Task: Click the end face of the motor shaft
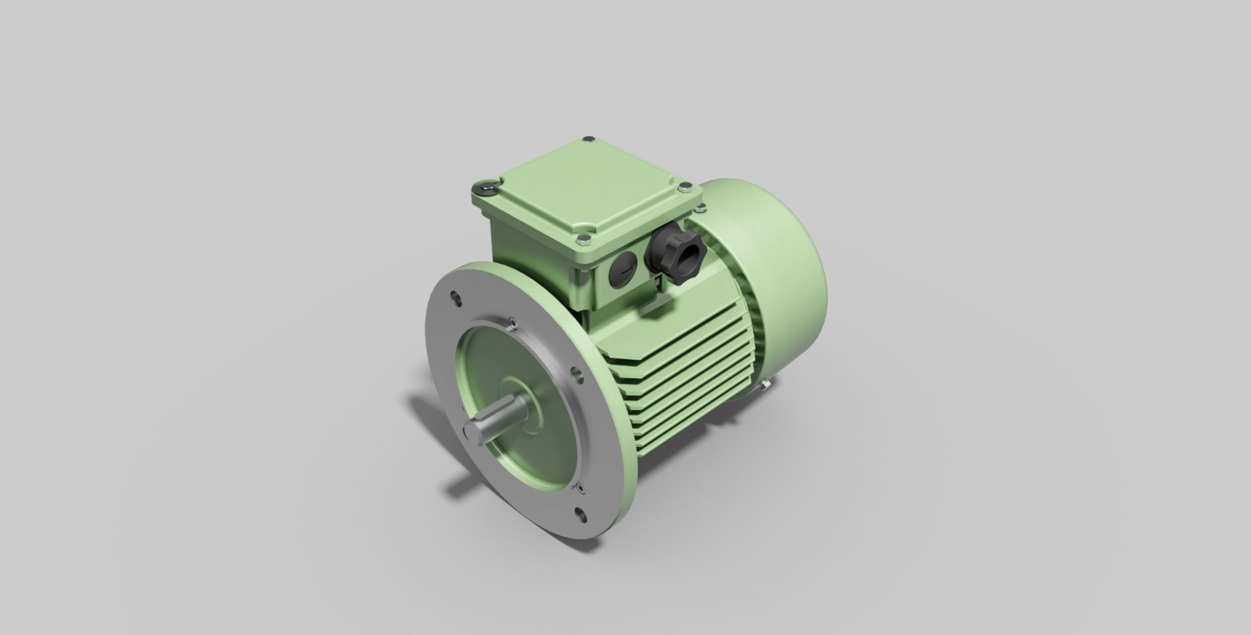[472, 434]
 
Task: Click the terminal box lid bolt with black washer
[487, 188]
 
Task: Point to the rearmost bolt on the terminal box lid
[590, 139]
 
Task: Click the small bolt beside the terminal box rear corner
[700, 209]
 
